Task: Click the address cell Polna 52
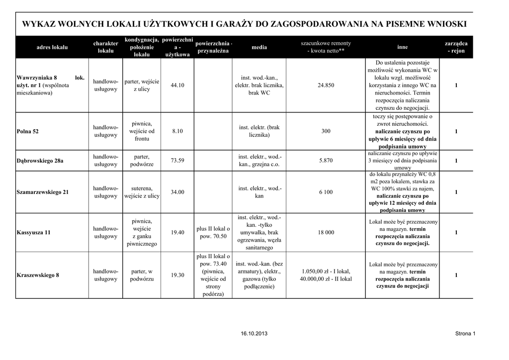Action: pyautogui.click(x=28, y=131)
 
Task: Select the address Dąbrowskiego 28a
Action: pyautogui.click(x=40, y=161)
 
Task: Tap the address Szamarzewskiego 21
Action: pyautogui.click(x=43, y=192)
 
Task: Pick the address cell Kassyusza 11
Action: pyautogui.click(x=34, y=232)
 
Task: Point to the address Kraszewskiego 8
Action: pyautogui.click(x=38, y=275)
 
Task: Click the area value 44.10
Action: pyautogui.click(x=177, y=86)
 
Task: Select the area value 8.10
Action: pyautogui.click(x=177, y=131)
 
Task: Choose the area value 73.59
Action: pyautogui.click(x=177, y=161)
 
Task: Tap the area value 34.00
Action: pyautogui.click(x=177, y=192)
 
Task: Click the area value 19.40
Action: pyautogui.click(x=177, y=232)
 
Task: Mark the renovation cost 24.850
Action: pyautogui.click(x=326, y=86)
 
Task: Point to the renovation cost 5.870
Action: pyautogui.click(x=326, y=161)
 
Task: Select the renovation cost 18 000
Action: pyautogui.click(x=326, y=232)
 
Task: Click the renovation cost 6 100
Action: pyautogui.click(x=326, y=192)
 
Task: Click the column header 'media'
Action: pyautogui.click(x=259, y=47)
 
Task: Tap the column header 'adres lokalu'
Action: pyautogui.click(x=52, y=47)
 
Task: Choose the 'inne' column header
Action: pyautogui.click(x=403, y=47)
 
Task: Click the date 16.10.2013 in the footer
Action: pyautogui.click(x=254, y=333)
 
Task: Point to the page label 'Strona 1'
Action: pyautogui.click(x=465, y=333)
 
